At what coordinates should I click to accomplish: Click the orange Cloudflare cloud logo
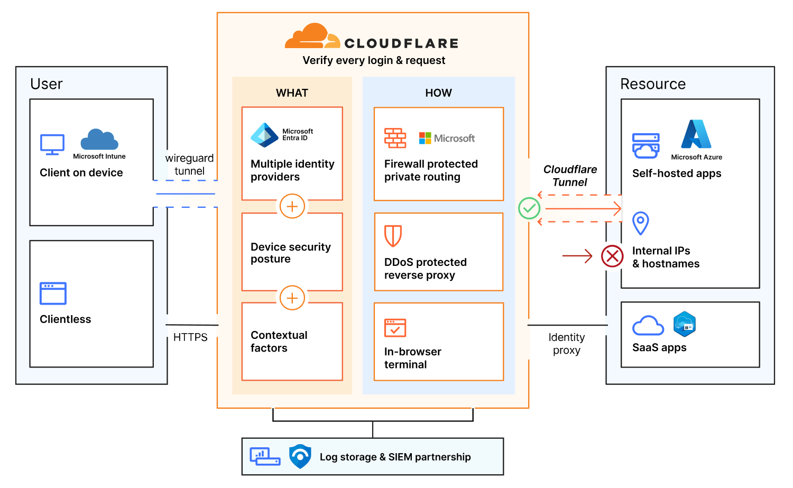tap(312, 37)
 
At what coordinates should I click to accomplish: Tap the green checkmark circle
tap(529, 208)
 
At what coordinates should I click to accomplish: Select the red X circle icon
tap(612, 256)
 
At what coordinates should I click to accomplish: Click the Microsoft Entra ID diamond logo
tap(264, 135)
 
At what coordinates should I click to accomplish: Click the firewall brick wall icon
tap(395, 138)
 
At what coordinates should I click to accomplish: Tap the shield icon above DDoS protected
tap(393, 236)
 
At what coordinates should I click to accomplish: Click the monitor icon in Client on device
tap(52, 144)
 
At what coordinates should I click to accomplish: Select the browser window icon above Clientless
tap(53, 293)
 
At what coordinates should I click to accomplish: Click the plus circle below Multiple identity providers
tap(292, 206)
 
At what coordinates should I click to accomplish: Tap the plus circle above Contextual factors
tap(292, 298)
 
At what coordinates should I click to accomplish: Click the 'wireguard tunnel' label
tap(189, 164)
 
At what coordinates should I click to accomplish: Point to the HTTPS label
tap(190, 337)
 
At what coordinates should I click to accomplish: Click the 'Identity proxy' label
tap(566, 344)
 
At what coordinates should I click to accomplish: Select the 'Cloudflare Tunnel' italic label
tap(570, 176)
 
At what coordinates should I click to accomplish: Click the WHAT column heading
tap(292, 93)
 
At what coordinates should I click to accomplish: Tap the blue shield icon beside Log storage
tap(300, 456)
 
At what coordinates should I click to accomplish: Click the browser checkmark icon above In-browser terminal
tap(395, 328)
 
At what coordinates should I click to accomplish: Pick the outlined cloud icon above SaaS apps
tap(648, 326)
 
